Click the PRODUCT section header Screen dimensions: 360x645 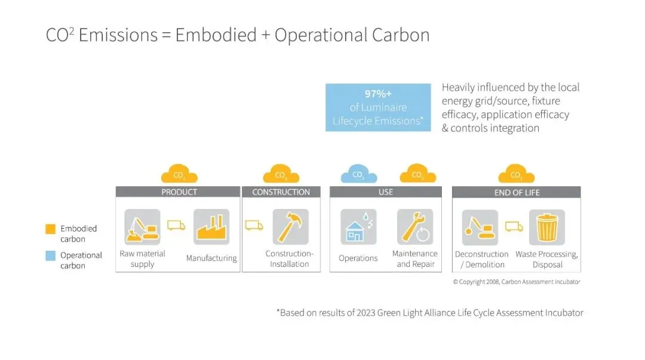pyautogui.click(x=179, y=192)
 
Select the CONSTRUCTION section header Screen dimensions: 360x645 pyautogui.click(x=281, y=192)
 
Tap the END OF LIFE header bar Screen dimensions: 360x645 pyautogui.click(x=516, y=192)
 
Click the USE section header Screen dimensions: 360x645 pyautogui.click(x=386, y=192)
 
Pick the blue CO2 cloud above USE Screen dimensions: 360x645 pyautogui.click(x=358, y=174)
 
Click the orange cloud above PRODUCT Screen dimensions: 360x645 pyautogui.click(x=179, y=174)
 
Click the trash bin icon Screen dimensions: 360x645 pyautogui.click(x=546, y=227)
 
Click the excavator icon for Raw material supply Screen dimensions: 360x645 pyautogui.click(x=142, y=227)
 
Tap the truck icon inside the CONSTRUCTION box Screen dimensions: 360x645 pyautogui.click(x=254, y=226)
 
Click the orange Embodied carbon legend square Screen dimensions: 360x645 pyautogui.click(x=50, y=229)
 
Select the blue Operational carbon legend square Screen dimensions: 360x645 pyautogui.click(x=50, y=256)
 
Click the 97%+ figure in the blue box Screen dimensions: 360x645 pyautogui.click(x=378, y=94)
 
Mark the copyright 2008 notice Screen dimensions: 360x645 pyautogui.click(x=516, y=282)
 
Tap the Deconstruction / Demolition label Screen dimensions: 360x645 pyautogui.click(x=481, y=259)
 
